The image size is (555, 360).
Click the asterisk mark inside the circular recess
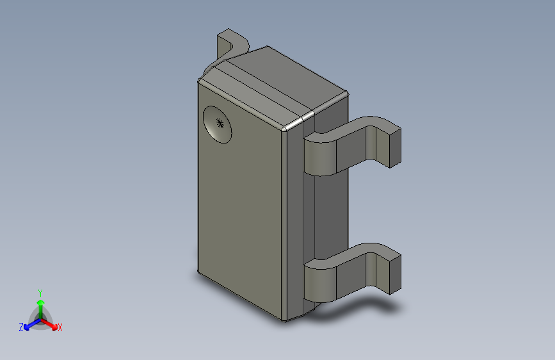click(x=220, y=123)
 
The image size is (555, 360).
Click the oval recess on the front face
click(x=218, y=124)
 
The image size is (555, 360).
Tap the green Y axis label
click(x=40, y=293)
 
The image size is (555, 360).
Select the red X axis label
click(x=60, y=328)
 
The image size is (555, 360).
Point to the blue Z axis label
click(x=21, y=327)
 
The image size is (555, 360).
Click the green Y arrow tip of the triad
click(x=41, y=302)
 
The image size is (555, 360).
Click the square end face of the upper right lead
click(x=396, y=149)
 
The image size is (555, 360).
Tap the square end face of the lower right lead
click(x=396, y=275)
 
